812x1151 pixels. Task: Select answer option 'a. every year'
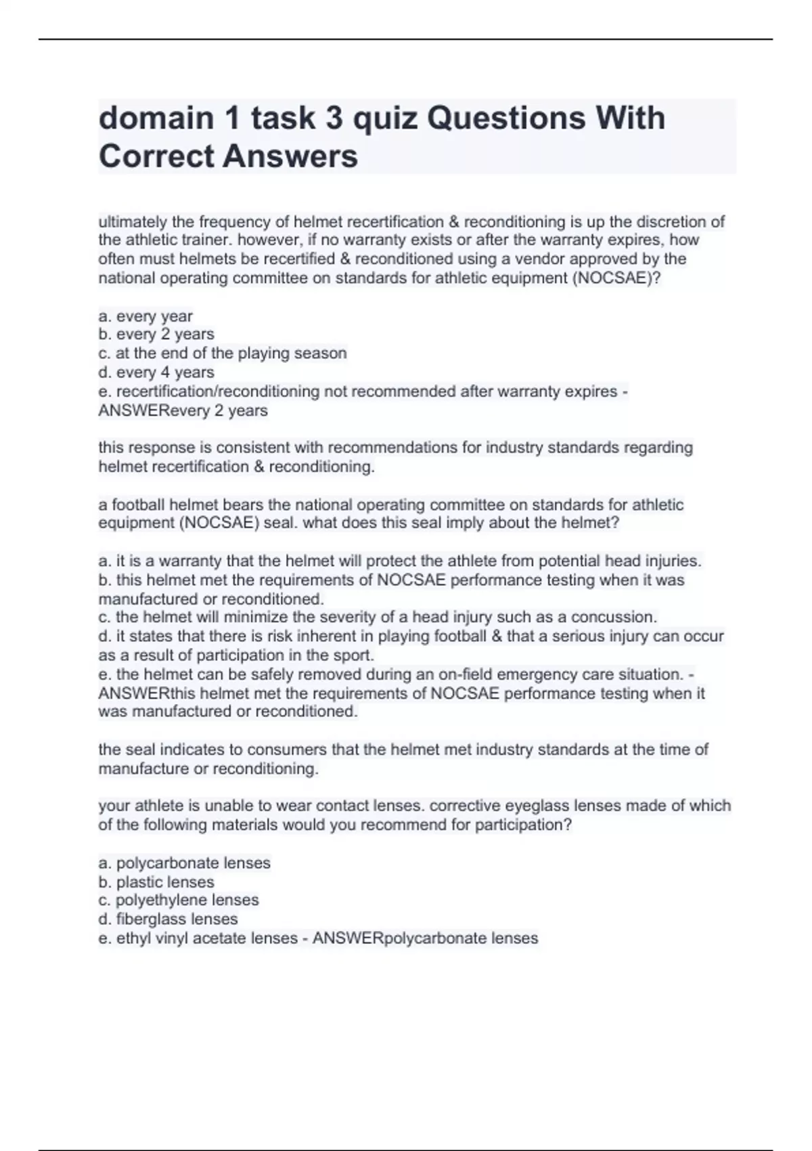pyautogui.click(x=145, y=316)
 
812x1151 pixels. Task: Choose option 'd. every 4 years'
pyautogui.click(x=156, y=372)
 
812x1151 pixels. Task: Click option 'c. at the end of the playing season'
pyautogui.click(x=223, y=353)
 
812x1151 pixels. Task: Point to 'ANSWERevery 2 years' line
pyautogui.click(x=183, y=410)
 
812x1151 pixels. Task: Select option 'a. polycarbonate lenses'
pyautogui.click(x=184, y=863)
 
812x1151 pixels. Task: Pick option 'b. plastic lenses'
pyautogui.click(x=156, y=882)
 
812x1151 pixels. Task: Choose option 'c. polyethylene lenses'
pyautogui.click(x=179, y=900)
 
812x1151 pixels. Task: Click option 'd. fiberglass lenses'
pyautogui.click(x=168, y=919)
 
